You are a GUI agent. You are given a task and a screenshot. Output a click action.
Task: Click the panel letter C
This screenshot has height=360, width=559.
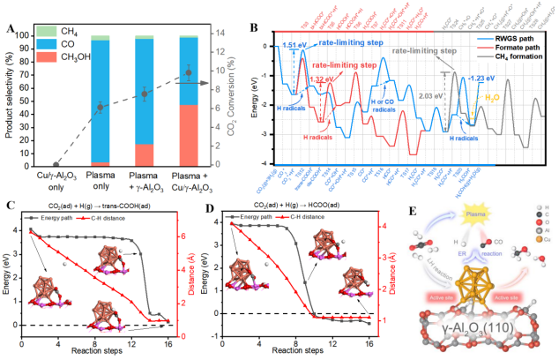(8, 207)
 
